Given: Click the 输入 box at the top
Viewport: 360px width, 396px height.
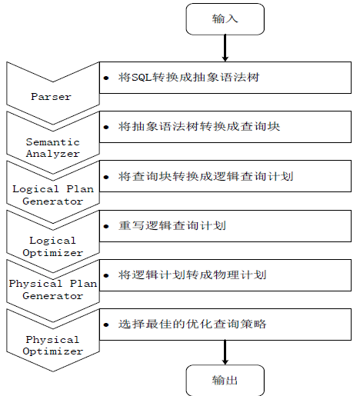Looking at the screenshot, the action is point(225,19).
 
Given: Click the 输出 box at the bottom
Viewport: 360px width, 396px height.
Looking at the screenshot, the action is point(225,381).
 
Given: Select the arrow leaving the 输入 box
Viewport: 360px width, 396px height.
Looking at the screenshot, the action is point(225,48).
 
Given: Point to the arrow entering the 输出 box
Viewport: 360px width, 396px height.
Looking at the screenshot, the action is point(225,352).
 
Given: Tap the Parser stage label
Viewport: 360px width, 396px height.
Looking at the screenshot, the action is point(51,97).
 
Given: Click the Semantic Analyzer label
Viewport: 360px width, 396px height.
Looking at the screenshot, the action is point(53,148).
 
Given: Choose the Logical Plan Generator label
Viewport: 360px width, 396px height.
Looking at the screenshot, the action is point(53,195).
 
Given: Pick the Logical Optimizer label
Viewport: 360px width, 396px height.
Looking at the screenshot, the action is point(53,247).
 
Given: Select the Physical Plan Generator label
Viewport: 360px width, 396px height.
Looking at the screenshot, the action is point(53,290).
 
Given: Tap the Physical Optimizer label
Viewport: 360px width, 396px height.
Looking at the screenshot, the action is point(53,345).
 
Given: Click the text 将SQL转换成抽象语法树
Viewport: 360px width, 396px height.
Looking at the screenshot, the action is point(189,77).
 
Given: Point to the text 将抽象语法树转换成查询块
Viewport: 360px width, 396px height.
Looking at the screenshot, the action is point(199,126).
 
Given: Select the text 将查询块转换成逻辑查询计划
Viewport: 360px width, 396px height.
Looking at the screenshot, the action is point(205,176).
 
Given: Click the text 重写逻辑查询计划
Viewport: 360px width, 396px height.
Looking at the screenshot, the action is point(172,226).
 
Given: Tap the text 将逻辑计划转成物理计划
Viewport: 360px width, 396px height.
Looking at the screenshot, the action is point(192,275).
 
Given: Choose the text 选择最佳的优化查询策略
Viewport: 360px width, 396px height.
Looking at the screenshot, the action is point(192,324).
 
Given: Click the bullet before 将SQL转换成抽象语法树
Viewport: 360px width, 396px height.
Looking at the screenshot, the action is point(106,78).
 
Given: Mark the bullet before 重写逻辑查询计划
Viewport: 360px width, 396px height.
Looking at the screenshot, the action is point(106,226).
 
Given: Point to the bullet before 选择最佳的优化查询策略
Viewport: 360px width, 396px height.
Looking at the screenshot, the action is point(106,325).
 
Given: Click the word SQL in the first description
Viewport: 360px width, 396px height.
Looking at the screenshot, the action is point(142,78).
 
